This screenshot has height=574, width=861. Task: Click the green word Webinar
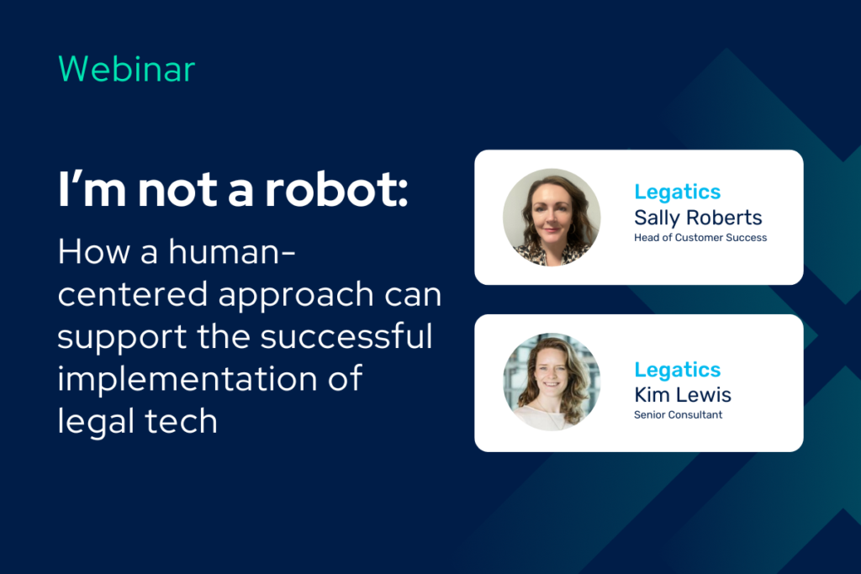[x=126, y=69]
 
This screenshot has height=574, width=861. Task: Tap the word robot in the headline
[x=336, y=190]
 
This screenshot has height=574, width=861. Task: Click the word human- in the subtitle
[x=232, y=252]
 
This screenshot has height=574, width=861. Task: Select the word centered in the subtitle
[x=132, y=294]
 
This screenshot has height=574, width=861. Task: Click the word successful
[x=346, y=336]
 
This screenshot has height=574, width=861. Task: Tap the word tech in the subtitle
[x=182, y=421]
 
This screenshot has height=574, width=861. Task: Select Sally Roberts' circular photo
[x=552, y=218]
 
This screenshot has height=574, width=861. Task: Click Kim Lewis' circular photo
[x=552, y=382]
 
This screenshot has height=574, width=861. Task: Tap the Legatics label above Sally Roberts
[x=677, y=192]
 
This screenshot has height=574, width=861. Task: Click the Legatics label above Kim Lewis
[x=677, y=371]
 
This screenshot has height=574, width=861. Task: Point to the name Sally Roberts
[x=698, y=219]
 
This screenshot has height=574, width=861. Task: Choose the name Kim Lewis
[x=683, y=394]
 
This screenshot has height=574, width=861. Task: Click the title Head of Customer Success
[x=700, y=238]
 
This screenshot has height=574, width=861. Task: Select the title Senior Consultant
[x=679, y=415]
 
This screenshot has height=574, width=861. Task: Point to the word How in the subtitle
[x=93, y=252]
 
